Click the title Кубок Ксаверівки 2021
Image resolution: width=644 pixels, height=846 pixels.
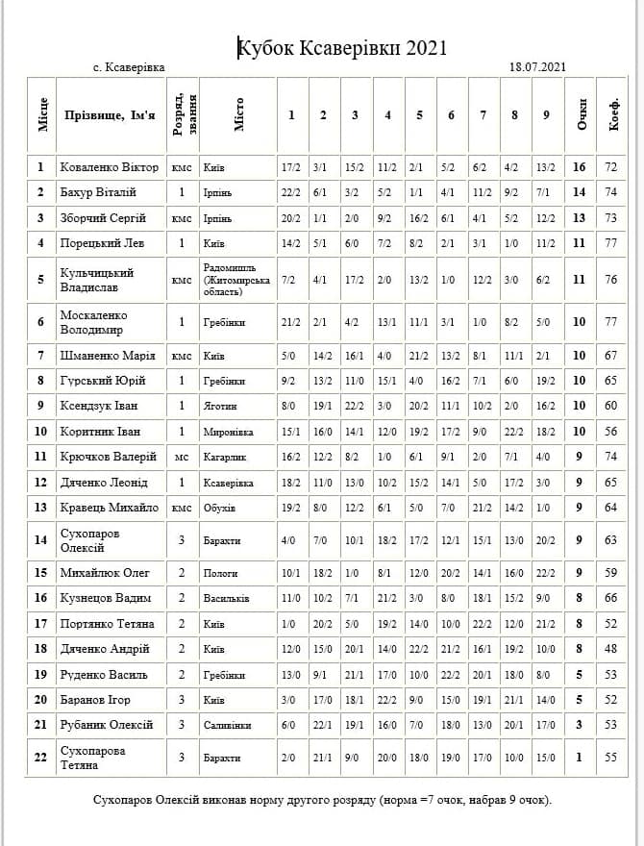pos(343,48)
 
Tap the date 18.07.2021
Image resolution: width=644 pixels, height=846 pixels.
pos(537,67)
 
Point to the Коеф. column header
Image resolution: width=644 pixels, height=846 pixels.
pos(612,116)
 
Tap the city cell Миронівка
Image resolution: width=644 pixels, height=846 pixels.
pos(228,432)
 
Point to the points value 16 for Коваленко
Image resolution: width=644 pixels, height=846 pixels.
pos(579,167)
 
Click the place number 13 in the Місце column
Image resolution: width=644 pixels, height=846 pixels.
pos(40,508)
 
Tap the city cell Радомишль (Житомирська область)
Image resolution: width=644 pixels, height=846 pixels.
pos(235,280)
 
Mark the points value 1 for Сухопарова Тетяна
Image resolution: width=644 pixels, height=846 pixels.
pos(579,758)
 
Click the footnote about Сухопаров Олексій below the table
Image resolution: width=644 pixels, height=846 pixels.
pos(322,800)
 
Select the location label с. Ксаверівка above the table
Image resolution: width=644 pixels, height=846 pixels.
pos(129,67)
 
